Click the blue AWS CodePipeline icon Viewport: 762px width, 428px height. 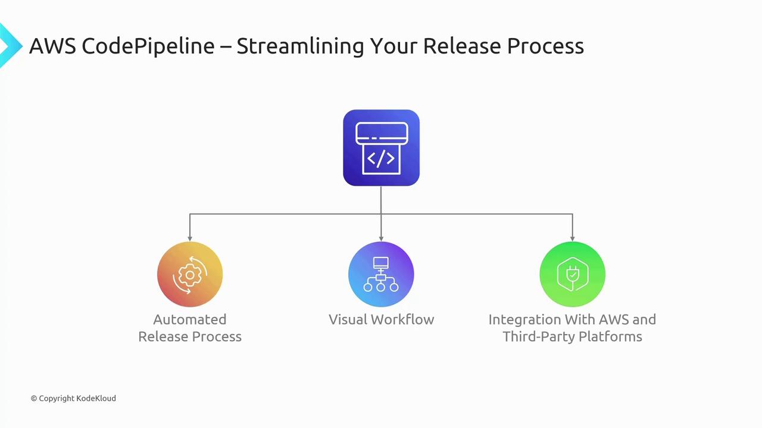(x=381, y=148)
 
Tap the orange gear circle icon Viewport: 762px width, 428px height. (x=190, y=275)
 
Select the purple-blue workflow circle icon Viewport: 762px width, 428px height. (x=381, y=275)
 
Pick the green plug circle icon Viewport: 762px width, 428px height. (x=573, y=275)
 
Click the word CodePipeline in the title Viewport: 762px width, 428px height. (x=148, y=46)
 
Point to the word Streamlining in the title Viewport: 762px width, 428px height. (x=301, y=46)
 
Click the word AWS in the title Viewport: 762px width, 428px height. (x=53, y=46)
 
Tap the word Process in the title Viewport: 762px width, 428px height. (x=546, y=46)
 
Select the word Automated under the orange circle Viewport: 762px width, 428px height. (x=190, y=319)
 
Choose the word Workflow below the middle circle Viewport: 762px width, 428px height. (x=402, y=319)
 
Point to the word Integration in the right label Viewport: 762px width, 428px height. (x=525, y=320)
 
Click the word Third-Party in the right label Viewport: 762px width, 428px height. (x=539, y=336)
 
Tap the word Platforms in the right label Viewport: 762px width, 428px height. (x=610, y=336)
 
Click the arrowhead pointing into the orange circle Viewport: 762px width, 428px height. (x=190, y=239)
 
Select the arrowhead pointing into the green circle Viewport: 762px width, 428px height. (x=573, y=239)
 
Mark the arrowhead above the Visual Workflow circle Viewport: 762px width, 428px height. (x=381, y=239)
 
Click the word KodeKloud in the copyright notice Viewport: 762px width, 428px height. (x=96, y=398)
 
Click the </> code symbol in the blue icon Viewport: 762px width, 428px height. (x=381, y=159)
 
